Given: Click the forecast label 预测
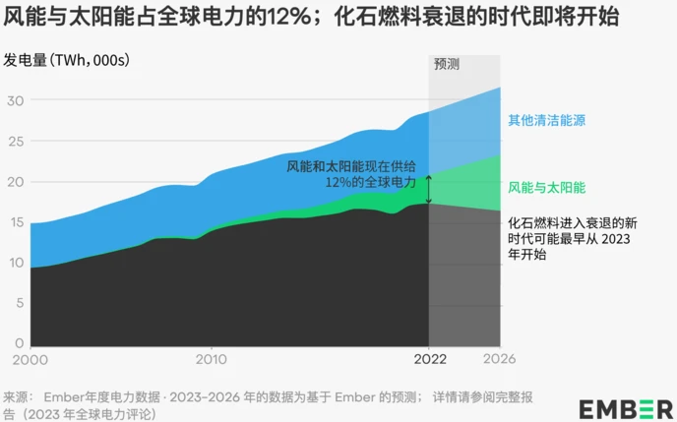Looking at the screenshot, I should [x=448, y=64].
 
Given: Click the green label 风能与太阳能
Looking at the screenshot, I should [x=546, y=187].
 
